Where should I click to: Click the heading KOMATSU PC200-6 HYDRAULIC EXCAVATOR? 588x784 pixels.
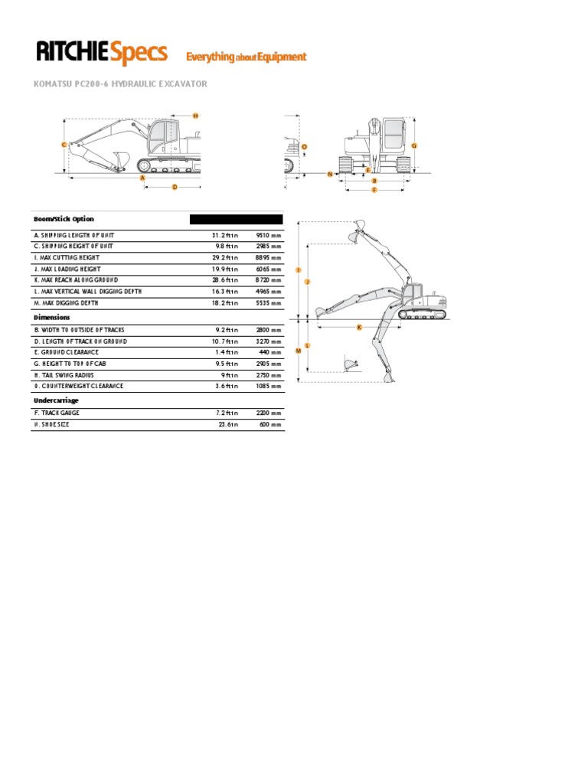tap(120, 83)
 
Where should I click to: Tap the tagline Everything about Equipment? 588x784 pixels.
tap(246, 57)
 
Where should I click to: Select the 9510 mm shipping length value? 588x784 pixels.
tap(268, 235)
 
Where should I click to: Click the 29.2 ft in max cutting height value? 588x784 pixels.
tap(225, 258)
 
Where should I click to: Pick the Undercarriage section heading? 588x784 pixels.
tap(56, 400)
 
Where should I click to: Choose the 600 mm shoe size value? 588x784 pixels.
tap(270, 424)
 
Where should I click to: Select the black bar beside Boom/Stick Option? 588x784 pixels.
tap(236, 219)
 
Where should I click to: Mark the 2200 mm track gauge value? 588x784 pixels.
tap(268, 413)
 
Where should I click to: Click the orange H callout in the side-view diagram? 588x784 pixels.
tap(195, 116)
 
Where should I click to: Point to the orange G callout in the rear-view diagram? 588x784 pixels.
tap(414, 145)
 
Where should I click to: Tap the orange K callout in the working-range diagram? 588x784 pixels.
tap(359, 327)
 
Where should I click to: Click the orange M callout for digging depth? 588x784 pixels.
tap(299, 350)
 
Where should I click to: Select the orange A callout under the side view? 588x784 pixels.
tap(142, 177)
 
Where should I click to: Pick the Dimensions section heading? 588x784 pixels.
tap(51, 317)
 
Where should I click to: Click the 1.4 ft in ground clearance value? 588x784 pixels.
tap(227, 352)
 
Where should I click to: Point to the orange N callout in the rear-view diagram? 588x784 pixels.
tap(330, 174)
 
